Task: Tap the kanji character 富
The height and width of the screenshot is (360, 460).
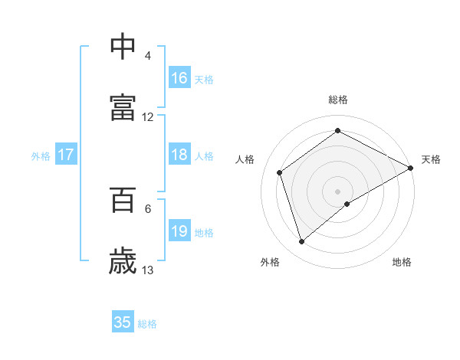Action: click(x=123, y=108)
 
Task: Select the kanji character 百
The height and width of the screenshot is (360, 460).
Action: click(x=123, y=200)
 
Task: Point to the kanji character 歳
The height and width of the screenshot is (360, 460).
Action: click(x=123, y=261)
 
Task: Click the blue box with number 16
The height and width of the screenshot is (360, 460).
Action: click(x=179, y=78)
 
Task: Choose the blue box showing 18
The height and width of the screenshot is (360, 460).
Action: click(x=179, y=155)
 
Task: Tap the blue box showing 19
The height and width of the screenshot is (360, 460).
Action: click(x=179, y=231)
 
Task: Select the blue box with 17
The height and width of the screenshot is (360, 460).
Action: click(x=66, y=155)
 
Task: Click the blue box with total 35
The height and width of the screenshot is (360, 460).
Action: click(x=123, y=322)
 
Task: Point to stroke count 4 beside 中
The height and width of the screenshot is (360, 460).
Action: click(x=148, y=56)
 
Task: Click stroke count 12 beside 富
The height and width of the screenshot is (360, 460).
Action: click(x=148, y=117)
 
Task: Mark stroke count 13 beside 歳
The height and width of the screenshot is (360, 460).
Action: click(x=148, y=270)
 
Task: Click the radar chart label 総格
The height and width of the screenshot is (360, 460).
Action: click(x=337, y=100)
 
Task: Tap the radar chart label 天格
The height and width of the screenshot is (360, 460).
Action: click(x=431, y=159)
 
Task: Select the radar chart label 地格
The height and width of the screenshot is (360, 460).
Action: click(x=402, y=262)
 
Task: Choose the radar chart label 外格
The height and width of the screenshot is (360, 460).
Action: click(x=270, y=262)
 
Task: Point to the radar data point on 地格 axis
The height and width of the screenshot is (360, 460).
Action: click(x=347, y=204)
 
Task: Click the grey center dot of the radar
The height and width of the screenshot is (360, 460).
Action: click(x=337, y=191)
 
